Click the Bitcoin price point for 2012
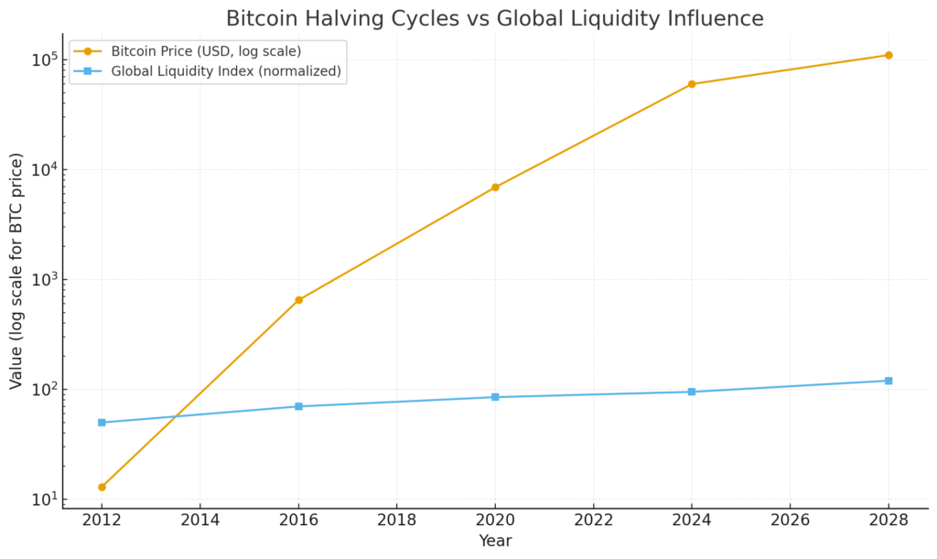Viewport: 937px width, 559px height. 102,487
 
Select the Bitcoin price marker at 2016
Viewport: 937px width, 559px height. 298,300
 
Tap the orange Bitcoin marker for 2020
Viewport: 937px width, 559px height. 495,188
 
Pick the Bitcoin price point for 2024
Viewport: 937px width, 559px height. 692,84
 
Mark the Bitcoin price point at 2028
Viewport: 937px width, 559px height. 889,55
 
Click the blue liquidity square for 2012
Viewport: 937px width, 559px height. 102,423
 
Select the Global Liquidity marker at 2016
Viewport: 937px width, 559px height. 298,406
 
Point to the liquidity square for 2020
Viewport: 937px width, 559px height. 495,397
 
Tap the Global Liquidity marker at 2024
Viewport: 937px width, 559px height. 692,392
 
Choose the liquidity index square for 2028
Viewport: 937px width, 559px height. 889,381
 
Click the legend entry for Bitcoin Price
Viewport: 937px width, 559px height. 206,51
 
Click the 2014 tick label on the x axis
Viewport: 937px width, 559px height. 200,520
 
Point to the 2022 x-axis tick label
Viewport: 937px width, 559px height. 593,520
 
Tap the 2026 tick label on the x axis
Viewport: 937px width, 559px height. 790,520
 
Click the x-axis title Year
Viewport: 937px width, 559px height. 495,542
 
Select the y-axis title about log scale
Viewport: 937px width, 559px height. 16,271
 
